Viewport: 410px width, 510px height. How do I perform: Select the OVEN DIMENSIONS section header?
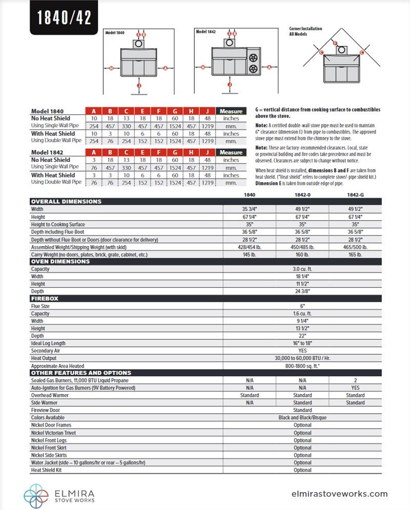[x=60, y=261]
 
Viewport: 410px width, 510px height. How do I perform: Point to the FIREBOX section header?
[x=45, y=298]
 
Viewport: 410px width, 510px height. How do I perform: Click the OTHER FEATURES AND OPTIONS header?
[x=81, y=373]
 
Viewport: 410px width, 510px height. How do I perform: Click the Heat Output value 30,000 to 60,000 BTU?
[x=302, y=358]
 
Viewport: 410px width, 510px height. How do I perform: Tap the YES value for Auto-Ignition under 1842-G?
[x=355, y=388]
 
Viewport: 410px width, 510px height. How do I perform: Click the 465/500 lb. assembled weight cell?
[x=355, y=247]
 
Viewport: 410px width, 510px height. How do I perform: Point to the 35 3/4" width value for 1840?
[x=250, y=209]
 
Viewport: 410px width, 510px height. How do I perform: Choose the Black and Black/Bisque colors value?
[x=302, y=418]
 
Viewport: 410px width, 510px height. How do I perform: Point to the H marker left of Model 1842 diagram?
[x=203, y=67]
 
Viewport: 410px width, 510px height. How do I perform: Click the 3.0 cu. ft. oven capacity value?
[x=302, y=269]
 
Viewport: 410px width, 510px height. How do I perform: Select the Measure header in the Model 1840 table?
[x=231, y=111]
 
